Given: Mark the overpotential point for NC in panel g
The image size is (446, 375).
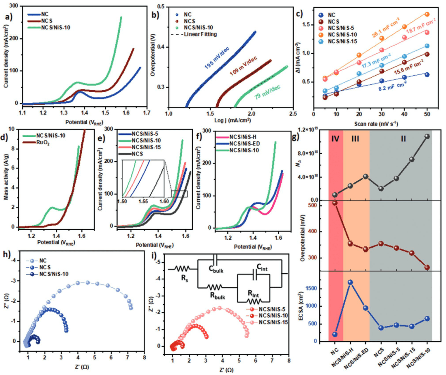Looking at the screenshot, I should [335, 203].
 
